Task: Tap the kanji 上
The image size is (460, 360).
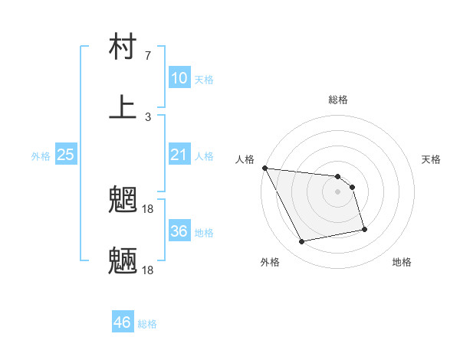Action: (x=123, y=106)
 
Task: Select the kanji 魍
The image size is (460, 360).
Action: (x=123, y=201)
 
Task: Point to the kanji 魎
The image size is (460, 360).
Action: (x=123, y=260)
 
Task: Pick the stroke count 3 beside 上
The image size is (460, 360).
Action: (x=148, y=117)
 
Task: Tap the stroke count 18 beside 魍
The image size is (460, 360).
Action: (x=149, y=208)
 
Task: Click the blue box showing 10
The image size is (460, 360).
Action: (x=179, y=78)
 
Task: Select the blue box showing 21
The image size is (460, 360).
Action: (x=179, y=155)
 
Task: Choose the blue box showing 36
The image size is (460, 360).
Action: (x=179, y=231)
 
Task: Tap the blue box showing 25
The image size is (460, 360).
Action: (x=65, y=155)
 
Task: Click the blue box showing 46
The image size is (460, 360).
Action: (x=122, y=322)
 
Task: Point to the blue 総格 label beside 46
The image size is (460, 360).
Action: (x=147, y=324)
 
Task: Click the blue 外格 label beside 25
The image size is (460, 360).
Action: (x=41, y=156)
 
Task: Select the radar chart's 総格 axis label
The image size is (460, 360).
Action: (x=338, y=100)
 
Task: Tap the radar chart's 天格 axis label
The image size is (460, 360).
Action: (x=432, y=159)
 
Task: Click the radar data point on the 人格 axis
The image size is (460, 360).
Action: (x=264, y=168)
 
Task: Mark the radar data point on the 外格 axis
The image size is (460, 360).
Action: (x=302, y=242)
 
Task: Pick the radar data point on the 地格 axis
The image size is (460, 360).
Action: (x=364, y=229)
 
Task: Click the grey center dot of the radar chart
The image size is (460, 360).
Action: (x=338, y=191)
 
